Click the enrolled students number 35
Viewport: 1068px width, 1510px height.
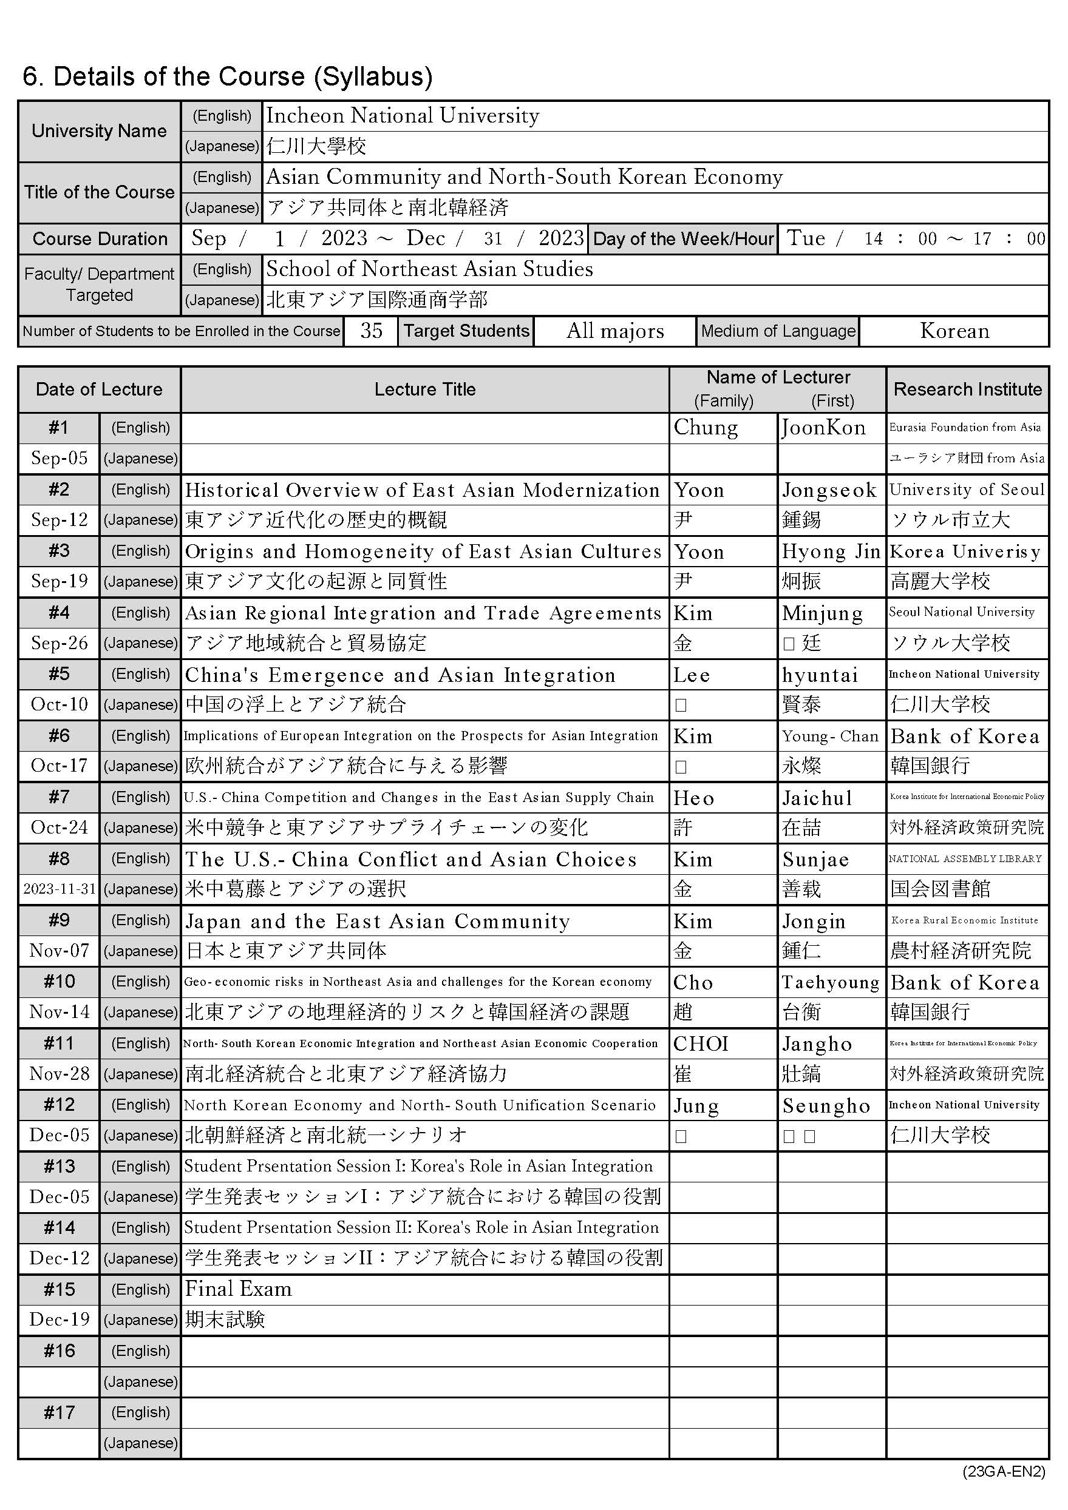[370, 331]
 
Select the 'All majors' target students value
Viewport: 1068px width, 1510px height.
[614, 331]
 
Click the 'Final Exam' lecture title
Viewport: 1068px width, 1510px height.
[238, 1289]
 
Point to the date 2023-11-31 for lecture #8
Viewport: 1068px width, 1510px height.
[60, 889]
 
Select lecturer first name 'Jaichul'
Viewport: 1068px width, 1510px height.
[817, 798]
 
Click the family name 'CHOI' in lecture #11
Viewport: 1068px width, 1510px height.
[700, 1043]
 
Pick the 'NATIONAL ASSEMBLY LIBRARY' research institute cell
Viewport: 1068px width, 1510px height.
[965, 859]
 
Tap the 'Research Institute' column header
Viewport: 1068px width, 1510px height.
[967, 389]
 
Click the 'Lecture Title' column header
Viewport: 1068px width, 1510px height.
[424, 389]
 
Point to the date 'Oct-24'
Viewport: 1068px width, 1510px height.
[60, 827]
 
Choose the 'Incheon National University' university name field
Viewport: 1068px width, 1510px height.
[403, 116]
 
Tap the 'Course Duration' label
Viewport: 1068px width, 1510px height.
[100, 239]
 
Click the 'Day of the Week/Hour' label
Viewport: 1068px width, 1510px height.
[683, 239]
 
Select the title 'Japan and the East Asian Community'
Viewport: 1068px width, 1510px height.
[377, 921]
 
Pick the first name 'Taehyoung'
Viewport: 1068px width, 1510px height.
[831, 982]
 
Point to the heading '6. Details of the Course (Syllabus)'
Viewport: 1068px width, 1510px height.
[228, 76]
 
